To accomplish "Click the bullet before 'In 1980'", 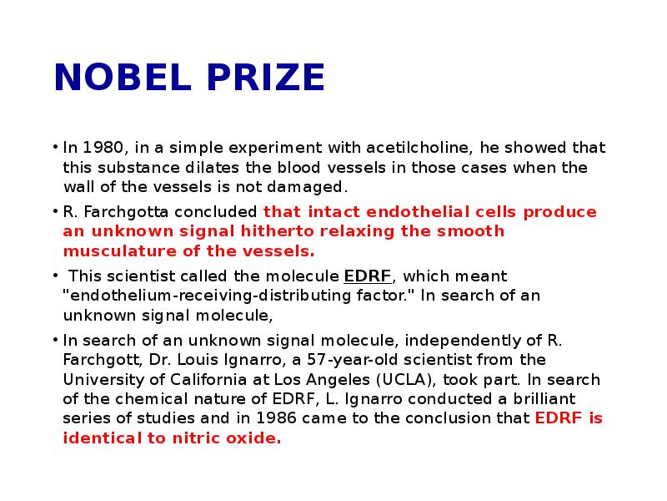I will tap(53, 149).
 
